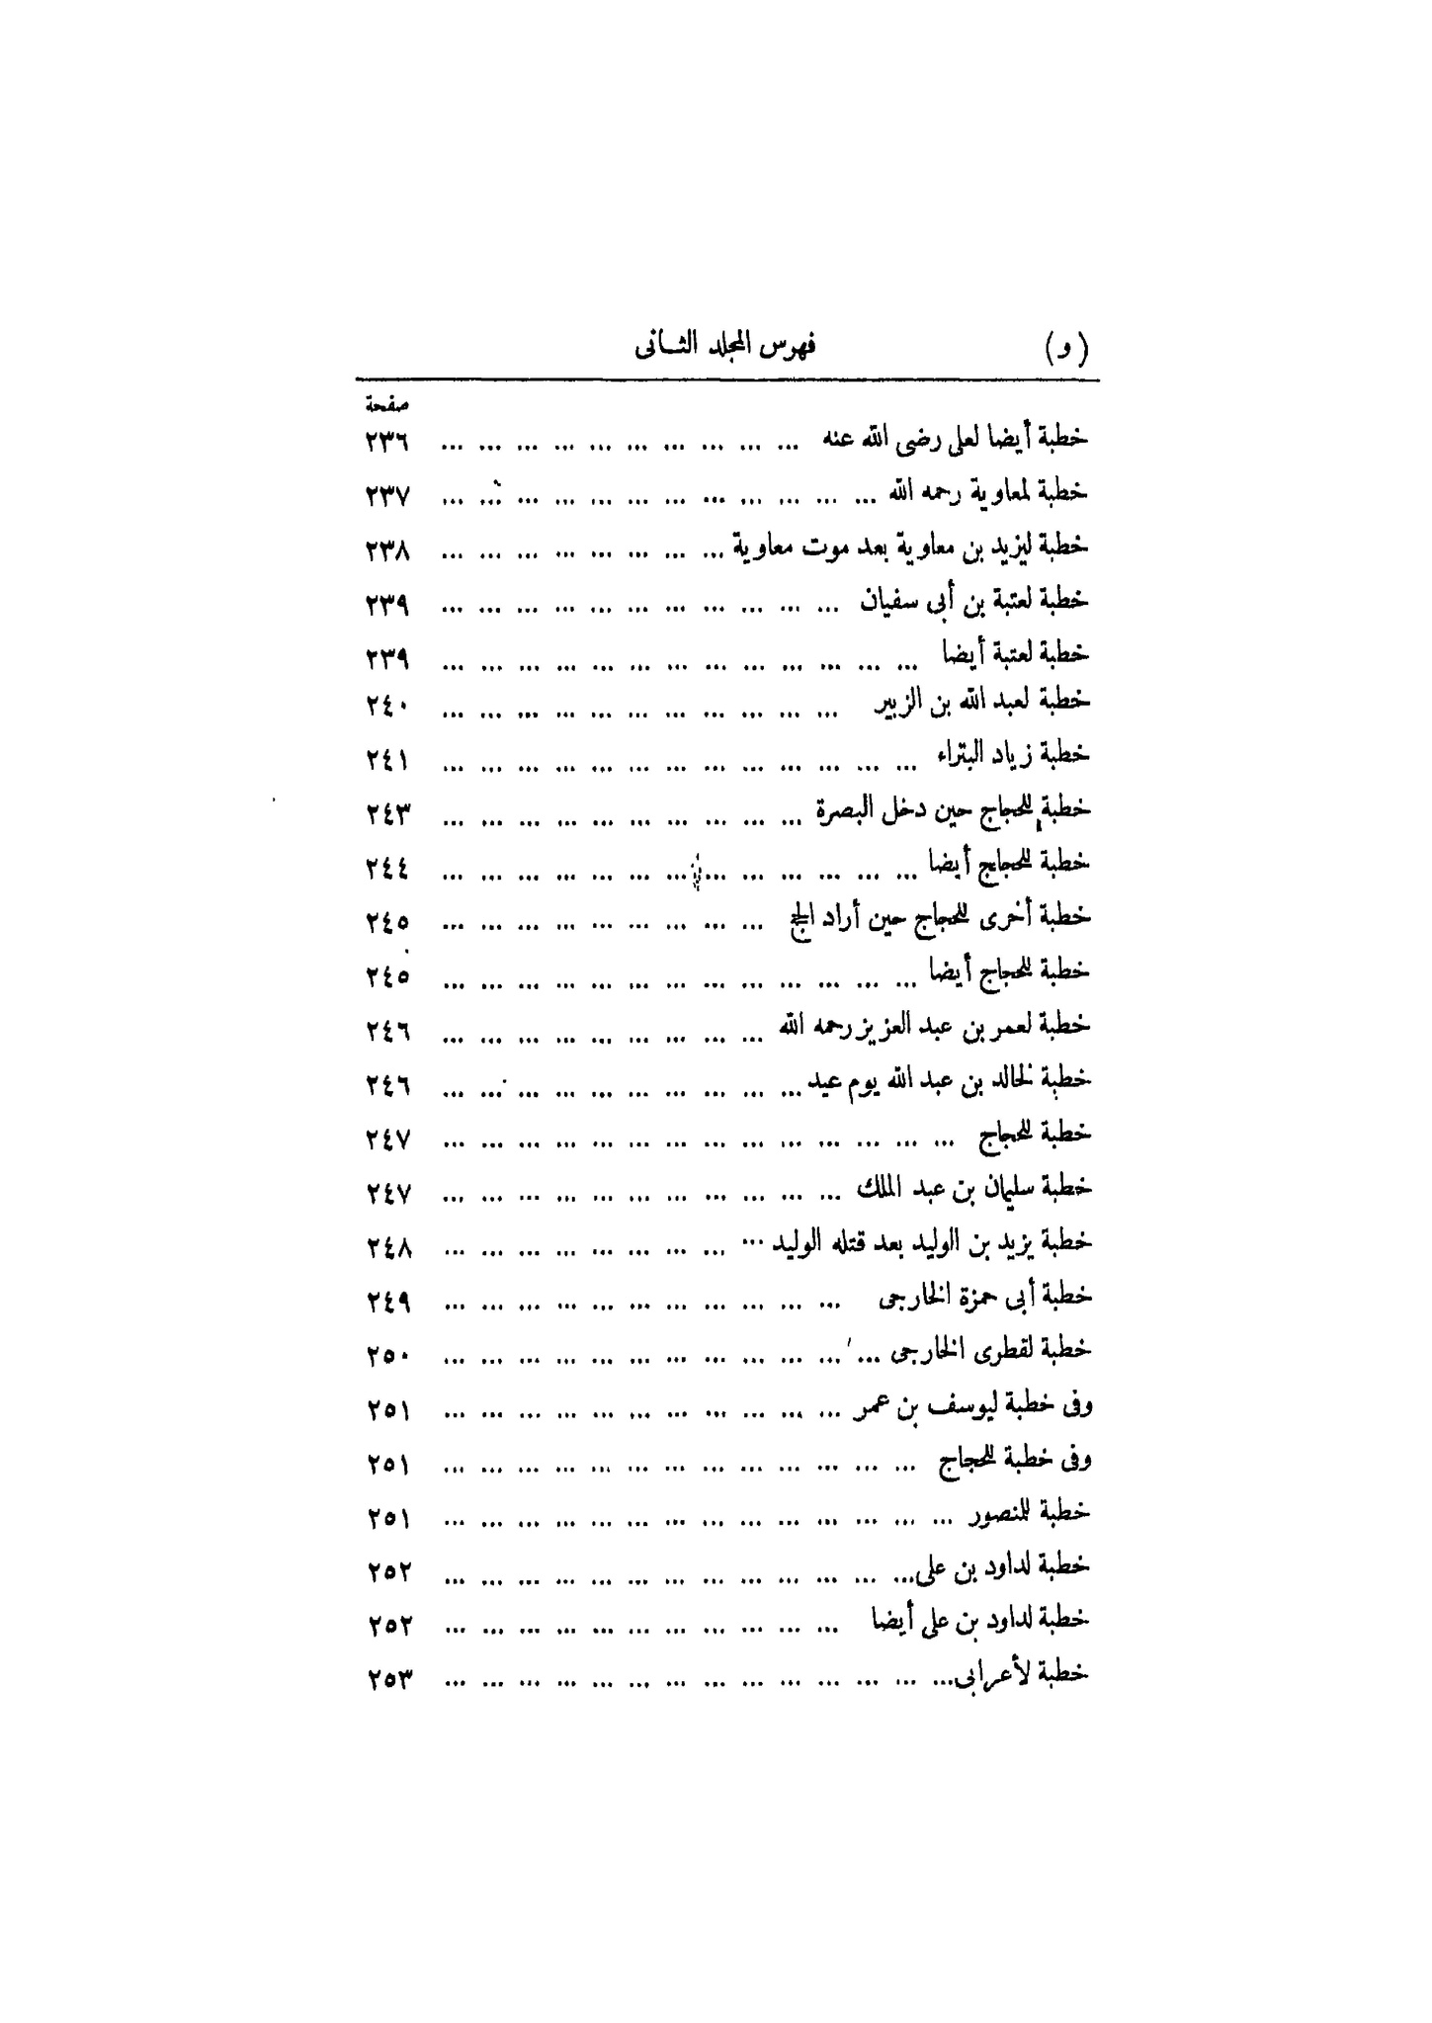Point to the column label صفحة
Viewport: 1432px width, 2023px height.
(386, 404)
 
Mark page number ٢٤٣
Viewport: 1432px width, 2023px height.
(386, 815)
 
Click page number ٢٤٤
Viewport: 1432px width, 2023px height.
(386, 869)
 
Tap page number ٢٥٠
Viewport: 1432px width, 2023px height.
(386, 1357)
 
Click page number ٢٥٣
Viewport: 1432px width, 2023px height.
(386, 1678)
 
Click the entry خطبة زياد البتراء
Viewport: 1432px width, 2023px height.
(1013, 755)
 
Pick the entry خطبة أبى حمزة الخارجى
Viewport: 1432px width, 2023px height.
(984, 1298)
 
